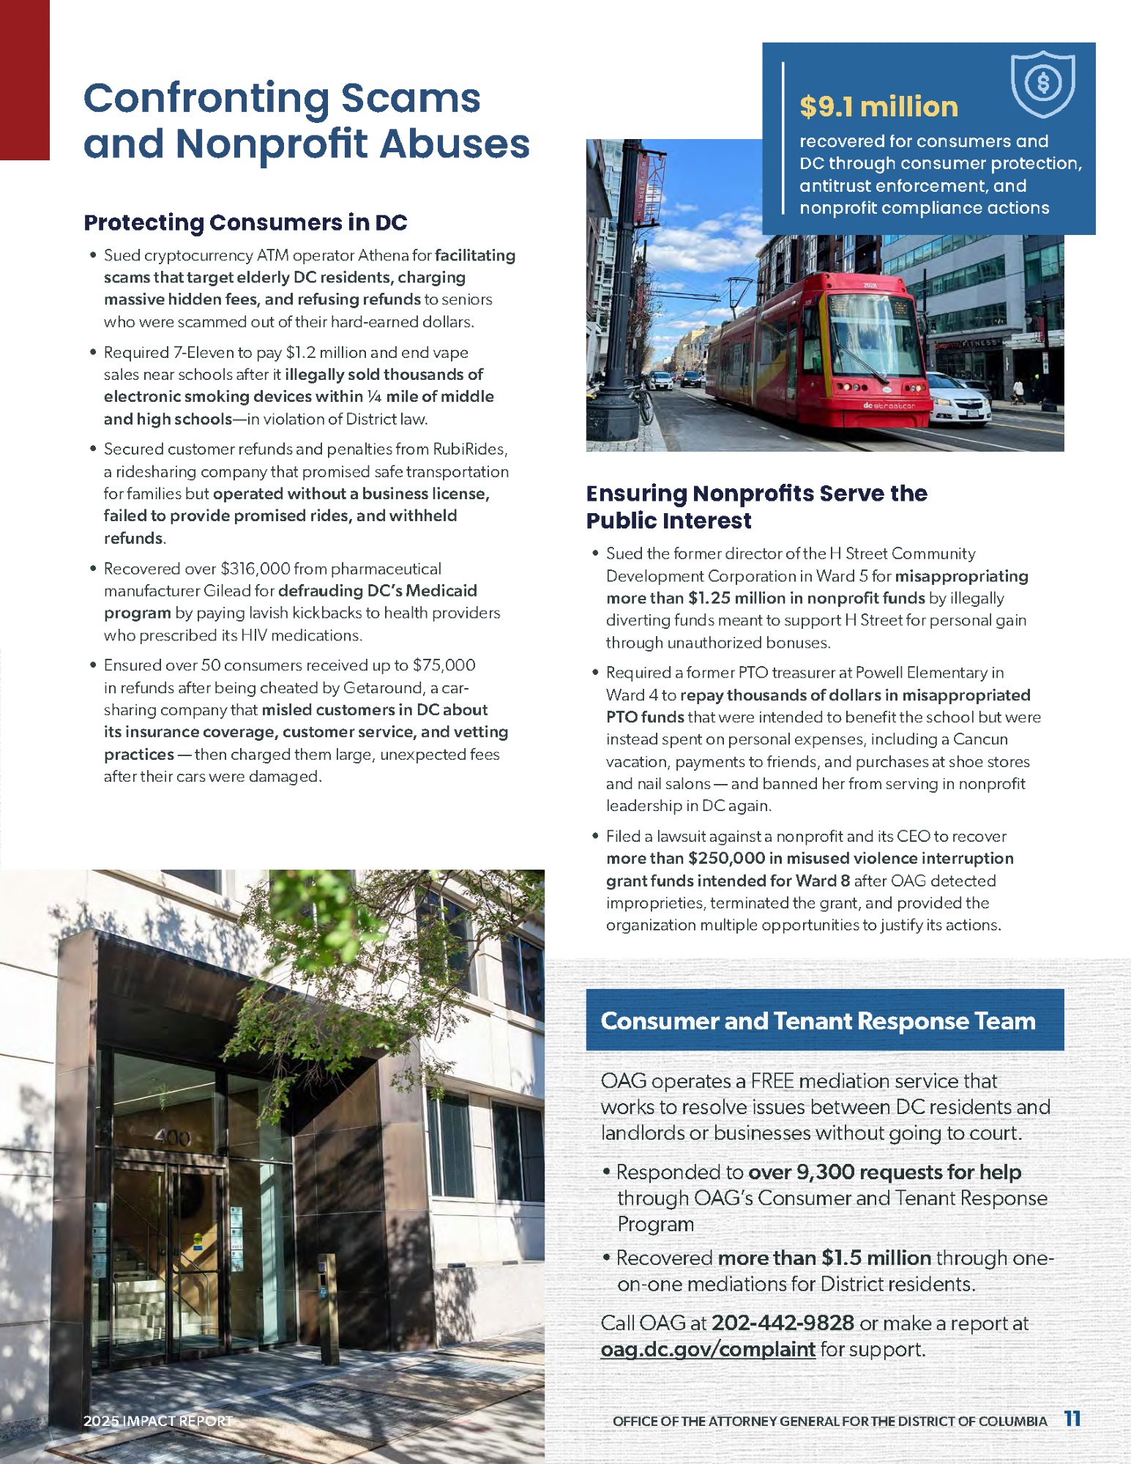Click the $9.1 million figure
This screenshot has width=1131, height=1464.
[x=878, y=107]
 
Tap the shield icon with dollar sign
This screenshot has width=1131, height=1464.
[x=1042, y=83]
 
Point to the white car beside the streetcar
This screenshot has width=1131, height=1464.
[x=960, y=400]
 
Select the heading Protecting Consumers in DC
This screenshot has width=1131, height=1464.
[x=245, y=223]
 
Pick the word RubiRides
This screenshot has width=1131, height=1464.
[x=469, y=449]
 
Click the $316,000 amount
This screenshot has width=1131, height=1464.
[x=256, y=569]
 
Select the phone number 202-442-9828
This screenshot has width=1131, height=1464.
[x=783, y=1323]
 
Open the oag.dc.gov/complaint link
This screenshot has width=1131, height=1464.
[x=707, y=1349]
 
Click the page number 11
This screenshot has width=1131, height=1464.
[x=1072, y=1419]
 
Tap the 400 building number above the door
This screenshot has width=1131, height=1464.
[x=173, y=1138]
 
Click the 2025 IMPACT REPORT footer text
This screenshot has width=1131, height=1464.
[x=157, y=1421]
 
